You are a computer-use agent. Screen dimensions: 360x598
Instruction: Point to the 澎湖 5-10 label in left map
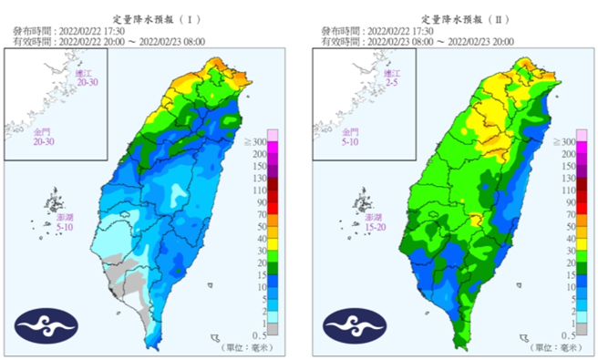pos(60,225)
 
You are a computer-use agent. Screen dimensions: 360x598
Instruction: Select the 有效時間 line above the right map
pos(418,41)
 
